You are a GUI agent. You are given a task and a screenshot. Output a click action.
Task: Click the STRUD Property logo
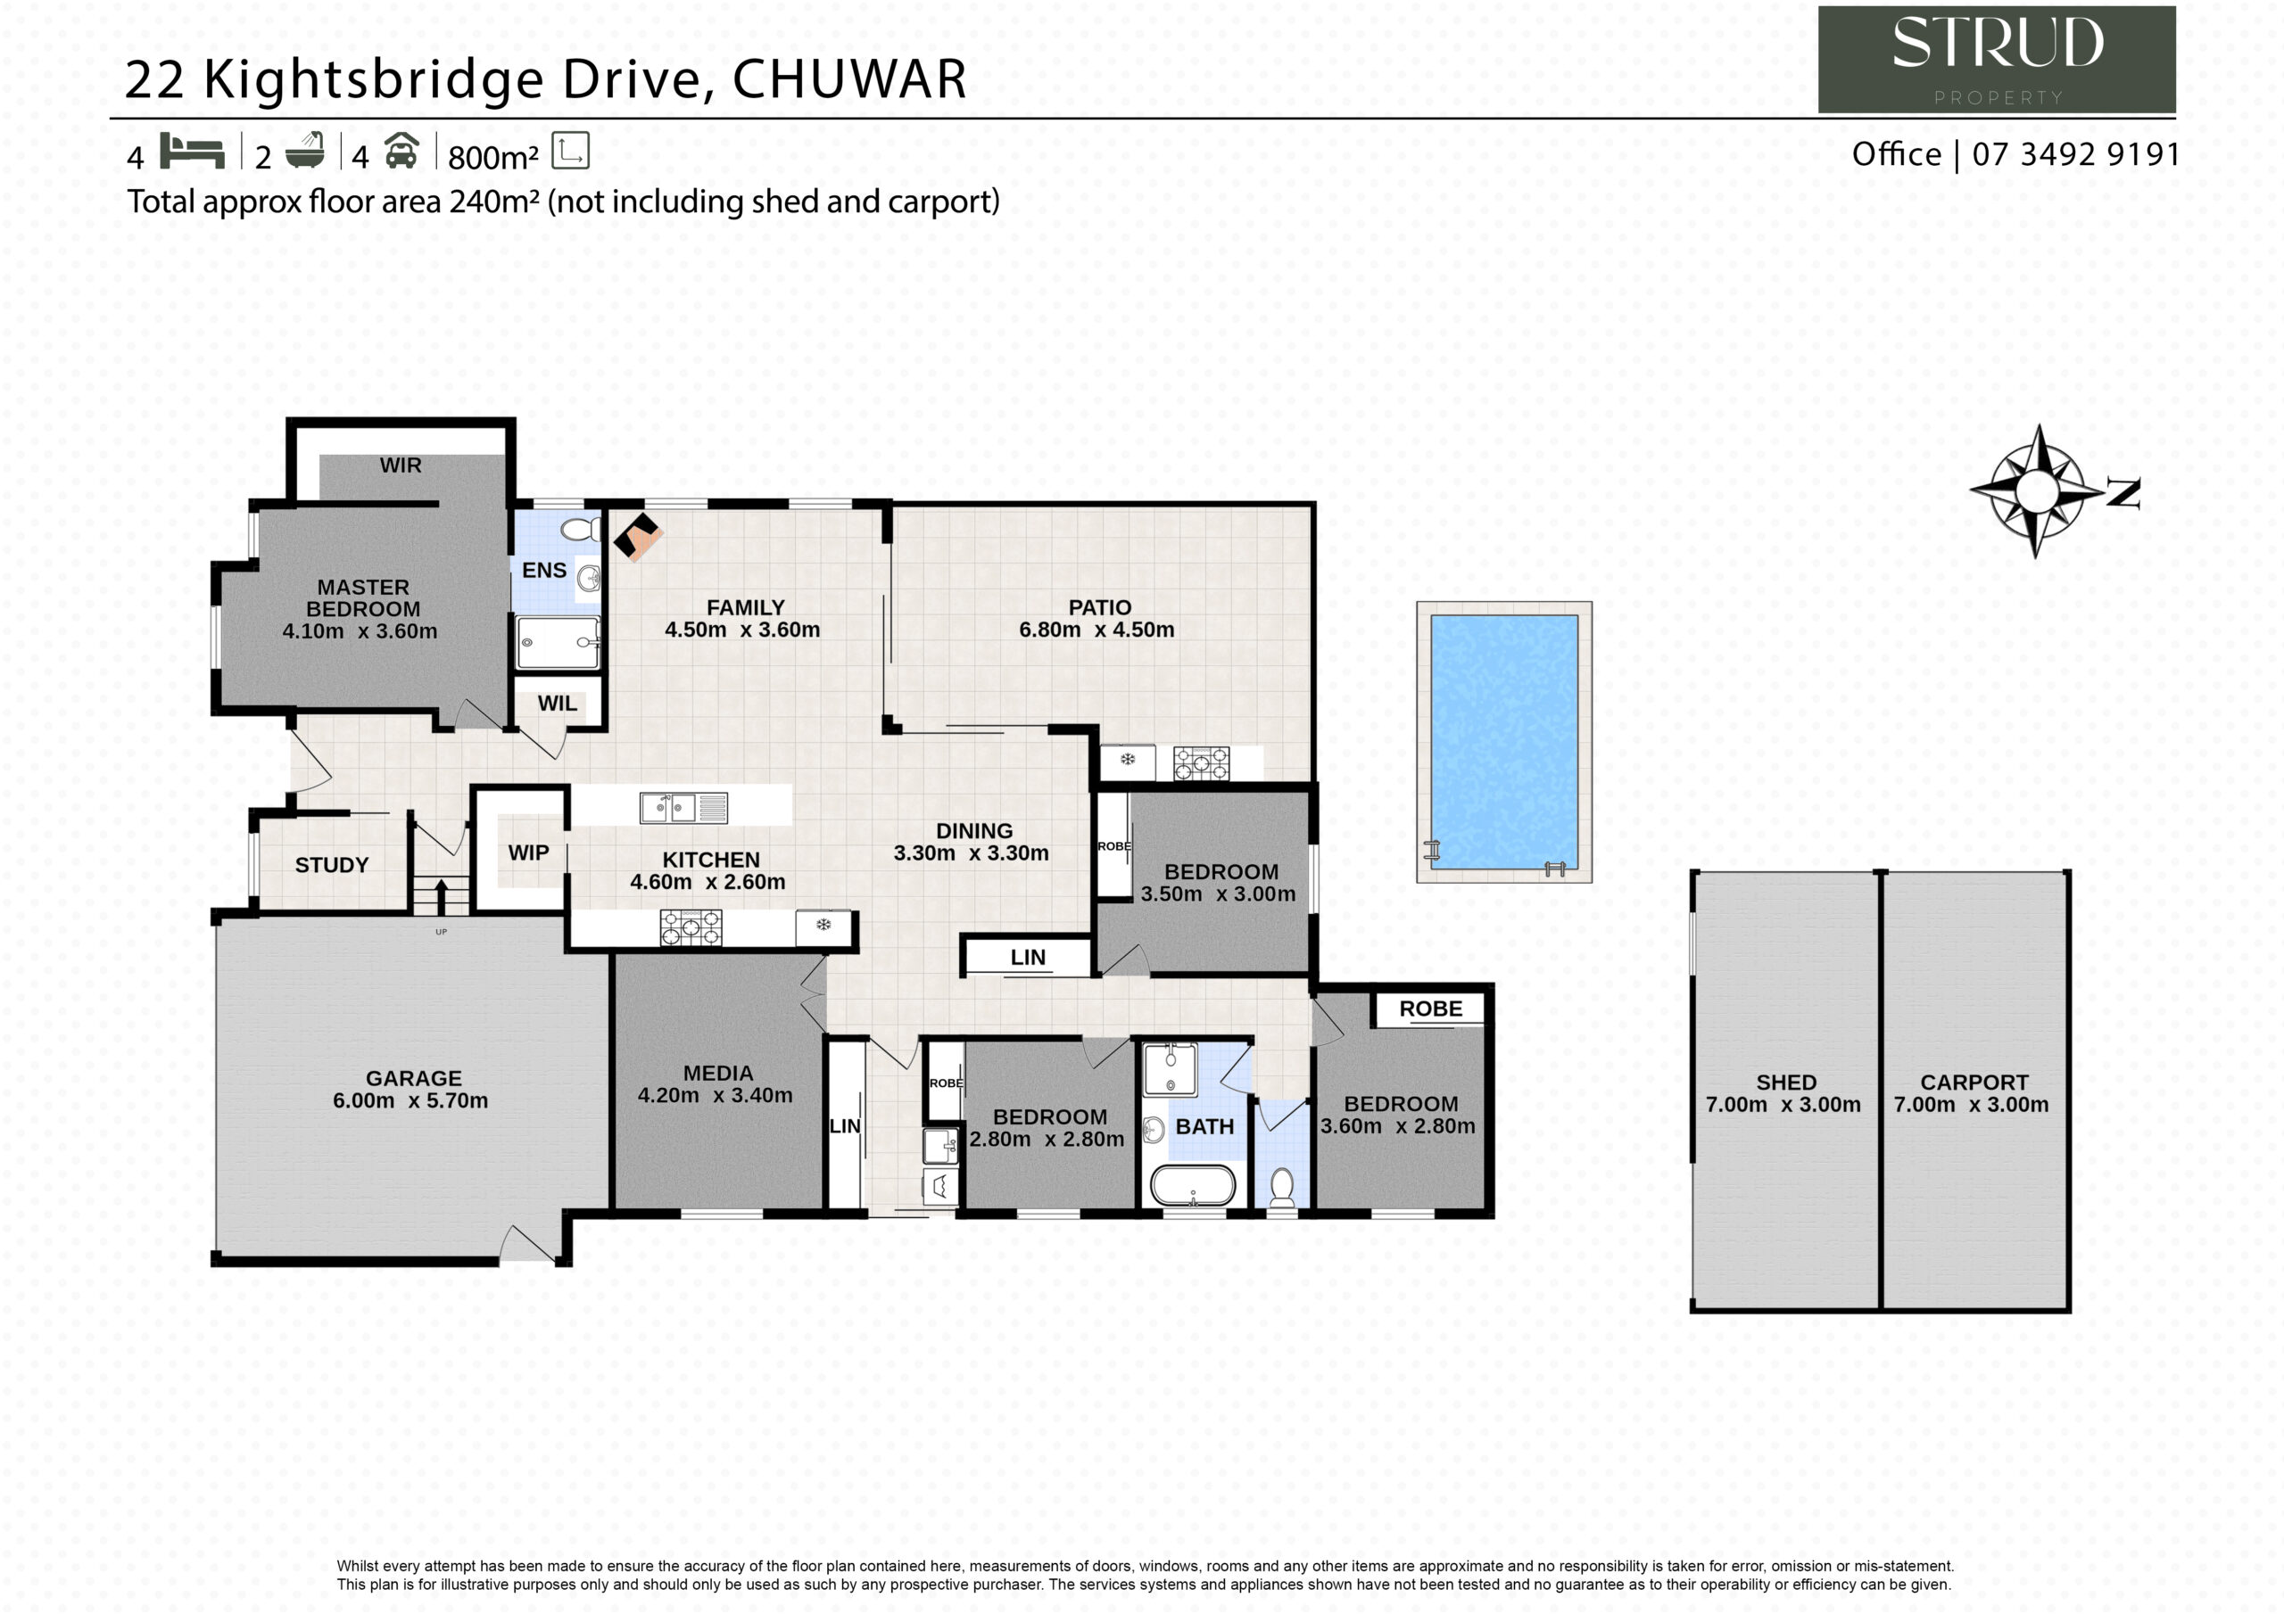1997,59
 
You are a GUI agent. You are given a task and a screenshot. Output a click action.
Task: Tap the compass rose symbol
2037,490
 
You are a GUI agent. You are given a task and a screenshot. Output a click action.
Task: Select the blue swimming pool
1504,742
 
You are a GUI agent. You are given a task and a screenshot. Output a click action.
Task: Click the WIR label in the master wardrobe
401,465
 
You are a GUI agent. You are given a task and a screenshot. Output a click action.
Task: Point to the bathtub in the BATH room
1193,1185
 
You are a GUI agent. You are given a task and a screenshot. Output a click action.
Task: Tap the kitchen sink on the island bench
683,808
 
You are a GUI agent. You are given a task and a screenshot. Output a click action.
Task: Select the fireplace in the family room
638,537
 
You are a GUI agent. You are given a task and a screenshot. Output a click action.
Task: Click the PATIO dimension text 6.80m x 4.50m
1096,630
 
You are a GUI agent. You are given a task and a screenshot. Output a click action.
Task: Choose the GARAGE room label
414,1078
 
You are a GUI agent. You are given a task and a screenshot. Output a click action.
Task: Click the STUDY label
332,865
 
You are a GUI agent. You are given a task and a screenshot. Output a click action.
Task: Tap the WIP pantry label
528,852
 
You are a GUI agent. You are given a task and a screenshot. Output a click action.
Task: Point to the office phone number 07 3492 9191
2076,154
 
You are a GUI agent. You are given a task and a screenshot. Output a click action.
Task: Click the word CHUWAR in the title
849,79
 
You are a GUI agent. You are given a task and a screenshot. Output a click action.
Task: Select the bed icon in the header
192,152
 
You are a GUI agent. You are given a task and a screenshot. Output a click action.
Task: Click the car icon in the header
401,152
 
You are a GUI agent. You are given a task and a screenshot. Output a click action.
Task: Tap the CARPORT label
1974,1082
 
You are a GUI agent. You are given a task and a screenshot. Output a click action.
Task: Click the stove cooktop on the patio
1201,763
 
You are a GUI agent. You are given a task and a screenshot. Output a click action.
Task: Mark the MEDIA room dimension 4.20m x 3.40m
716,1095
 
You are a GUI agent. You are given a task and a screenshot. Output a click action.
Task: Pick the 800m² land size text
493,157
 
